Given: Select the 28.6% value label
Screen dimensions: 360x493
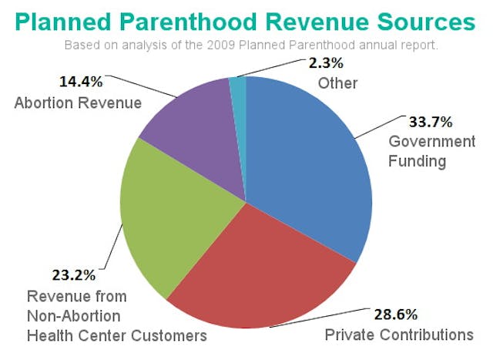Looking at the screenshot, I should pos(397,315).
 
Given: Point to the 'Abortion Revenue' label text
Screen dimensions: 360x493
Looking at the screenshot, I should pos(78,103).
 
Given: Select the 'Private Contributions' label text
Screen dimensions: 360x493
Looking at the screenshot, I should pos(399,335).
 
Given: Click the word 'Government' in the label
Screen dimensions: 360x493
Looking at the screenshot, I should pos(431,142).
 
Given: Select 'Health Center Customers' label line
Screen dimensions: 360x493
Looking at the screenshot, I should pos(117,335).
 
